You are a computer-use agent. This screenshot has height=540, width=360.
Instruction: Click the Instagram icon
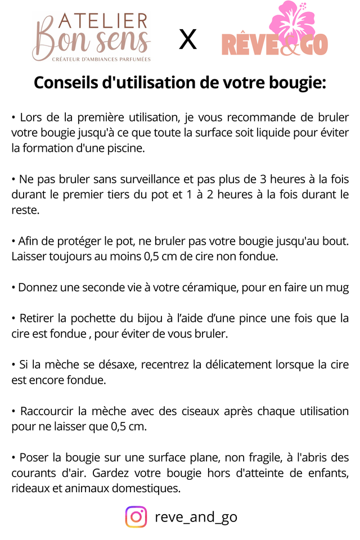coord(136,516)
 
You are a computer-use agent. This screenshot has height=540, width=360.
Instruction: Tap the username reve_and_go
coord(196,517)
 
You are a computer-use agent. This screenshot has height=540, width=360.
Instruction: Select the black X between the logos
coord(188,39)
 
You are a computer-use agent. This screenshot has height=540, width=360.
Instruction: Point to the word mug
coord(337,287)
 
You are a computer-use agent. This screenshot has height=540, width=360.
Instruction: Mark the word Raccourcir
coord(47,411)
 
